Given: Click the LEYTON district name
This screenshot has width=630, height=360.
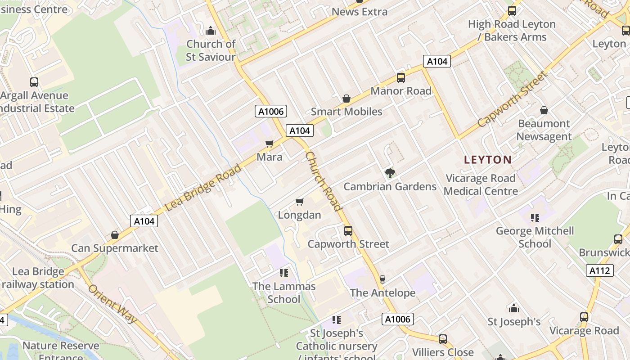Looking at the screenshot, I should click(x=488, y=160).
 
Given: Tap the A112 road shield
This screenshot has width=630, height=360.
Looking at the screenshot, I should click(x=600, y=270).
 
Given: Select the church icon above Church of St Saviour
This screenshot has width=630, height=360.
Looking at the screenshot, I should click(x=210, y=31).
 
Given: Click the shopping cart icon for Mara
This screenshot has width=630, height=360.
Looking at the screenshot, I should click(x=270, y=144).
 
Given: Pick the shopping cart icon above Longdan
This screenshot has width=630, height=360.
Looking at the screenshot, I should click(x=299, y=202).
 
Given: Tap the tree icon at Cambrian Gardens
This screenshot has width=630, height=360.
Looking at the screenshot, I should click(x=390, y=173).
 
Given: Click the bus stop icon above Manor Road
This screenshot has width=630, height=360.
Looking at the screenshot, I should click(x=400, y=78).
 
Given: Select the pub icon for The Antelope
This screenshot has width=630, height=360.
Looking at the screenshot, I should click(x=382, y=279).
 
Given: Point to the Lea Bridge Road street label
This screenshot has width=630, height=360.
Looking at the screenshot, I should click(x=203, y=188).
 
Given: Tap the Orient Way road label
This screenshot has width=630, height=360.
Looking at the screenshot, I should click(x=112, y=303).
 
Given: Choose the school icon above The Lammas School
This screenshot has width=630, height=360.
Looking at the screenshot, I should click(x=283, y=273).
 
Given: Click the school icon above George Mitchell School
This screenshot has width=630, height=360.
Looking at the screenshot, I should click(x=535, y=218).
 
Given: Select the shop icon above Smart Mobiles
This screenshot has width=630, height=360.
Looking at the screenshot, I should click(x=346, y=98).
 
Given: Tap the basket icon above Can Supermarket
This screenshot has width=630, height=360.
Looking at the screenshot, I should click(x=115, y=235).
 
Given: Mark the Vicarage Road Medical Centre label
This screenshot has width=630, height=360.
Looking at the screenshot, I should click(x=481, y=184).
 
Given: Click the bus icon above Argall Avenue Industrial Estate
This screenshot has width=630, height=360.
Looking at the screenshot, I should click(x=34, y=82).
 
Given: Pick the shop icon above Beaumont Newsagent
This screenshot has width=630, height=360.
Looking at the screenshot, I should click(x=544, y=110).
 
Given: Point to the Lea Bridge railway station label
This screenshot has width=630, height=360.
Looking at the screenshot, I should click(x=38, y=278).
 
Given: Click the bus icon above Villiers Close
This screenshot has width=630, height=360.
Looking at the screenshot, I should click(x=443, y=339).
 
